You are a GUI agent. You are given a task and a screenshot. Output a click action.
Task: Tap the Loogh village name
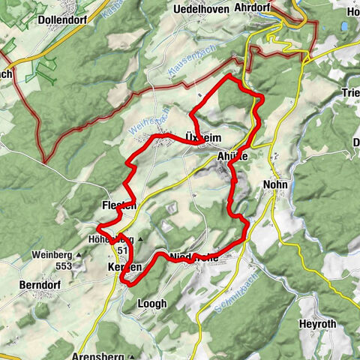[x=152, y=304]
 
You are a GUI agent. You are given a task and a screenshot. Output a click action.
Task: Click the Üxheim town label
[x=202, y=136]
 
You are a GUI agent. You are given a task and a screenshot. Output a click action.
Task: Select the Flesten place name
[x=118, y=205]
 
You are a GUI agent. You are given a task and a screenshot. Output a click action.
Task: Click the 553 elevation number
[x=55, y=266]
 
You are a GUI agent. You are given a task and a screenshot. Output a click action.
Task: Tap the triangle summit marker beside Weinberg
[x=78, y=256]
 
